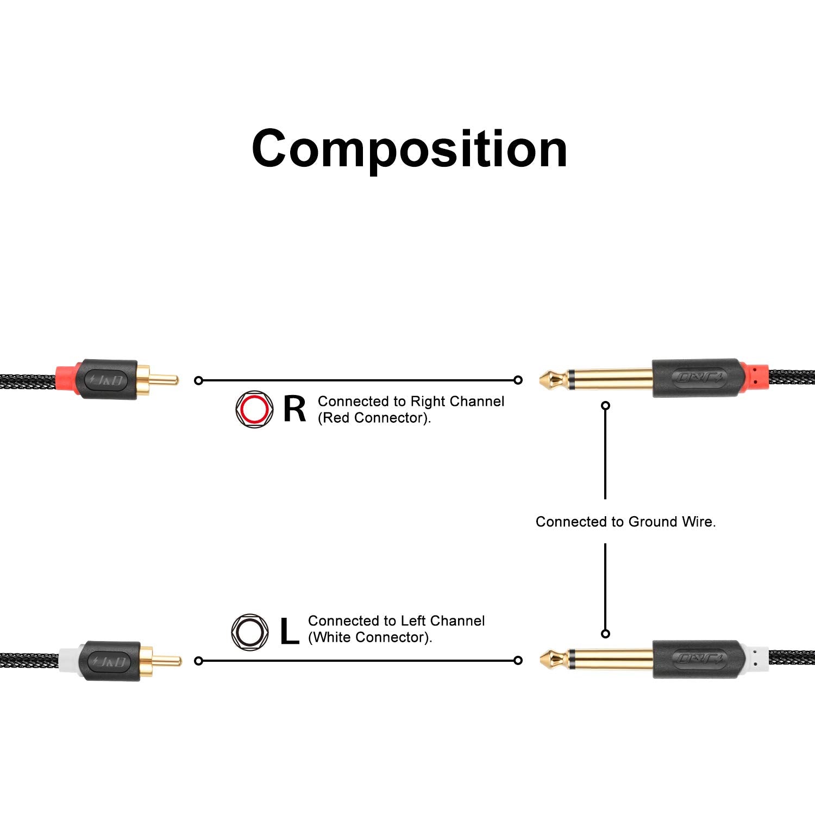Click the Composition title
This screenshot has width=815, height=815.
click(410, 148)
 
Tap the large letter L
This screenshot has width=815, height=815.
click(289, 631)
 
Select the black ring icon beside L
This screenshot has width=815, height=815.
click(250, 632)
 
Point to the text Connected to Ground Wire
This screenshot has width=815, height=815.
click(625, 522)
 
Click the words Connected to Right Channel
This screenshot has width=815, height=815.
click(411, 402)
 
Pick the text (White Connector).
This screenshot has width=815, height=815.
click(370, 637)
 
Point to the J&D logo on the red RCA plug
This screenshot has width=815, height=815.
click(109, 380)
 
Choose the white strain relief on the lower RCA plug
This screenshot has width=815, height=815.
click(68, 661)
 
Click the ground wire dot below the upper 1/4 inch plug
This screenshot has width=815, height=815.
click(606, 405)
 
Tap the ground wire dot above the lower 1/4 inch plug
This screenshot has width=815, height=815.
click(606, 634)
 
